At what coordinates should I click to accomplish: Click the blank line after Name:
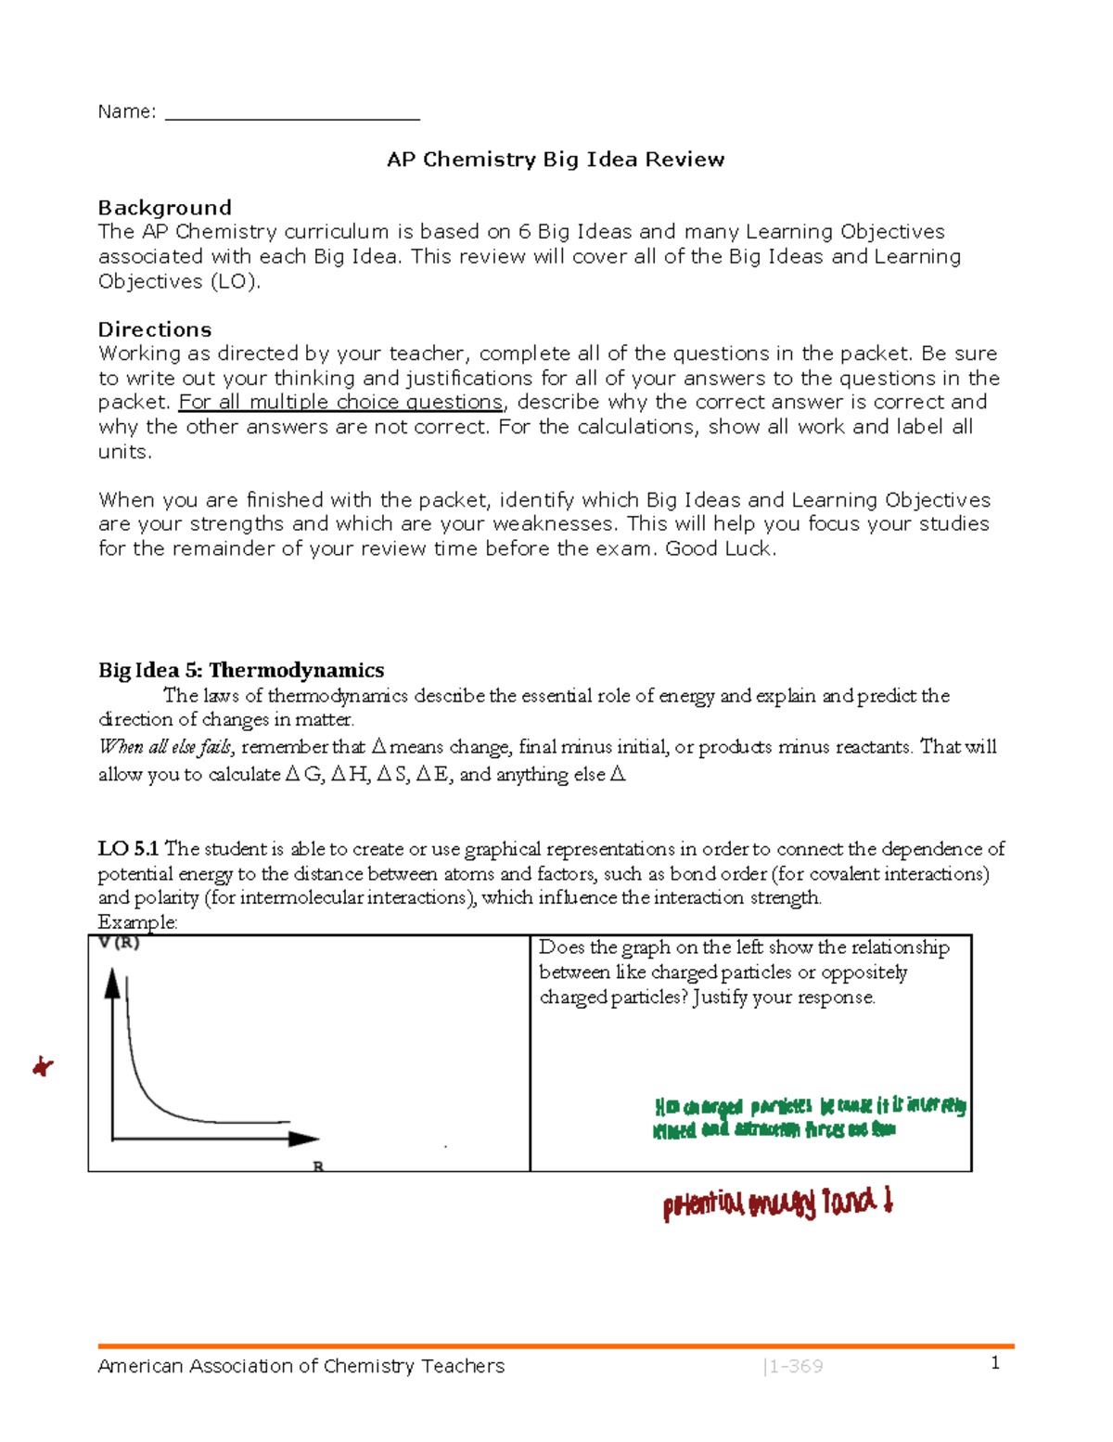pos(292,114)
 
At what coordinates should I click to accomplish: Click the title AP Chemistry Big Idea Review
pos(556,160)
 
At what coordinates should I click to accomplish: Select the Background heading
pos(165,208)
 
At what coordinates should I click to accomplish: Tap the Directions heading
pos(155,329)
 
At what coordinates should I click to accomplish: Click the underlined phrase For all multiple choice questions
pos(341,403)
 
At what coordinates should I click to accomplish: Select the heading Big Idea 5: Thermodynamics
pos(241,670)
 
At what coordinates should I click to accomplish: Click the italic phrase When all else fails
pos(166,747)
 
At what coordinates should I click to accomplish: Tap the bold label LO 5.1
pos(129,849)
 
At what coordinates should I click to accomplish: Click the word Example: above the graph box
pos(137,922)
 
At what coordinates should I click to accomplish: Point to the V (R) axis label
pos(119,943)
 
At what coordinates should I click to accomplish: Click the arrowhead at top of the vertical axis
pos(112,983)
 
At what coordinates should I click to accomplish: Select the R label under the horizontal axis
pos(318,1166)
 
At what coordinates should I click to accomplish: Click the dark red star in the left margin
pos(43,1067)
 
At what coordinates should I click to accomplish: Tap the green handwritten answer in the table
pos(809,1117)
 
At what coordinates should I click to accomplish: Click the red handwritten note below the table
pos(777,1204)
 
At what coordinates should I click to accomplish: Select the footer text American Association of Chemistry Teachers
pos(301,1366)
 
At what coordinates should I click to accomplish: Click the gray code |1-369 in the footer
pos(792,1366)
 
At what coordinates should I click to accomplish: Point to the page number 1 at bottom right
pos(995,1362)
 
